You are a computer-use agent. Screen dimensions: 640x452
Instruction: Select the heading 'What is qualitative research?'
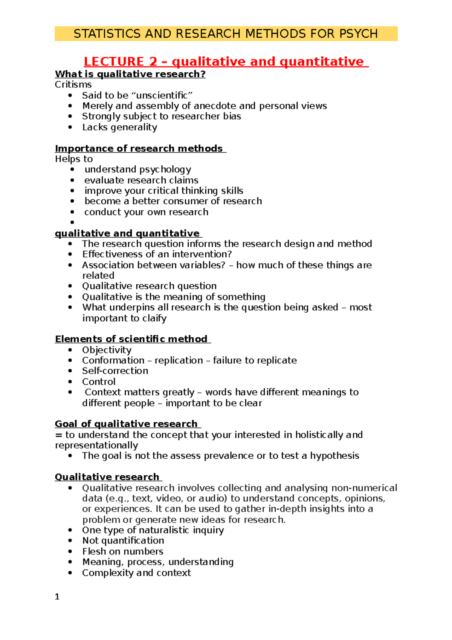tap(130, 74)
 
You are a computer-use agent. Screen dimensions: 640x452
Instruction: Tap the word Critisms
tap(73, 84)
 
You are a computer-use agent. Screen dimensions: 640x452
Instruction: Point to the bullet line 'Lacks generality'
tap(119, 127)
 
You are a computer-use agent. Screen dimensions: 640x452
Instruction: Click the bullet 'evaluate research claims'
tap(141, 180)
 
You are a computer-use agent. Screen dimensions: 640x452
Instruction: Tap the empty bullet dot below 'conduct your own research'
tap(72, 223)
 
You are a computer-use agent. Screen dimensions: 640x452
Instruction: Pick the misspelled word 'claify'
tap(154, 318)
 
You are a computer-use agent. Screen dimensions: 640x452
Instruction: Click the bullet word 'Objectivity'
tap(107, 350)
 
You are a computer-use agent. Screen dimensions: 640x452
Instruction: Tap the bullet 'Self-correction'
tap(115, 371)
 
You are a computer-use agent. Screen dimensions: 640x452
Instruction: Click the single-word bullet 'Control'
tap(99, 381)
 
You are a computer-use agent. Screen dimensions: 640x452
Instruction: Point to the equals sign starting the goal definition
tap(58, 435)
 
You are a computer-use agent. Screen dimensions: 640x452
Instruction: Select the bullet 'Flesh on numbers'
tap(122, 551)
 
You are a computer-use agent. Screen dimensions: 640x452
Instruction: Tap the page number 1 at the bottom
tap(57, 597)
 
